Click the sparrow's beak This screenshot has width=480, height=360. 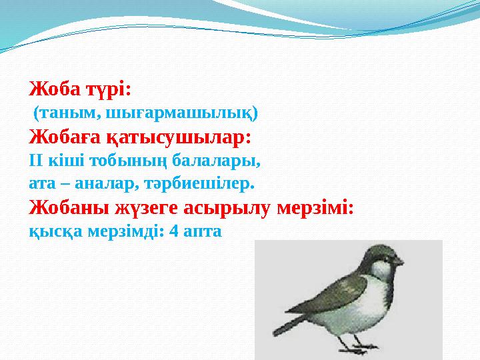399,263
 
